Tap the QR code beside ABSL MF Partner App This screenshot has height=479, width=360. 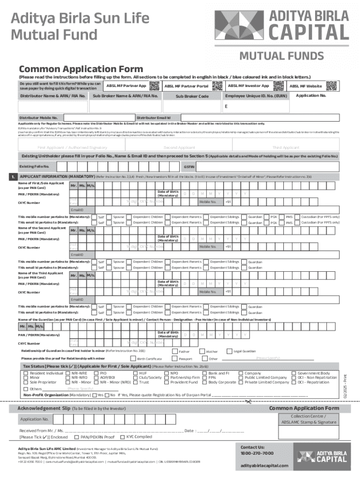(154, 86)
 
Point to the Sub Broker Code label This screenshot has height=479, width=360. (192, 96)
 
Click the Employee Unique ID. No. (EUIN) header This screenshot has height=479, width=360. (256, 96)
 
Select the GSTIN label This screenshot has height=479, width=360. (189, 167)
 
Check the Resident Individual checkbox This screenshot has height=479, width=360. (26, 373)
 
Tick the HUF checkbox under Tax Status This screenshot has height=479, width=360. (135, 373)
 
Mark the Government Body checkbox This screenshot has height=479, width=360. (294, 373)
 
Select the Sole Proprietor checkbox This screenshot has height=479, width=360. (26, 382)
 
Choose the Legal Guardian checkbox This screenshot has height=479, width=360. (229, 351)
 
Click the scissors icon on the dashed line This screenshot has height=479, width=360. (248, 401)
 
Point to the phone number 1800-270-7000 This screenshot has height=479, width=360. (257, 453)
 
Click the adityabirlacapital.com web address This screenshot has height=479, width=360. (263, 466)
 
